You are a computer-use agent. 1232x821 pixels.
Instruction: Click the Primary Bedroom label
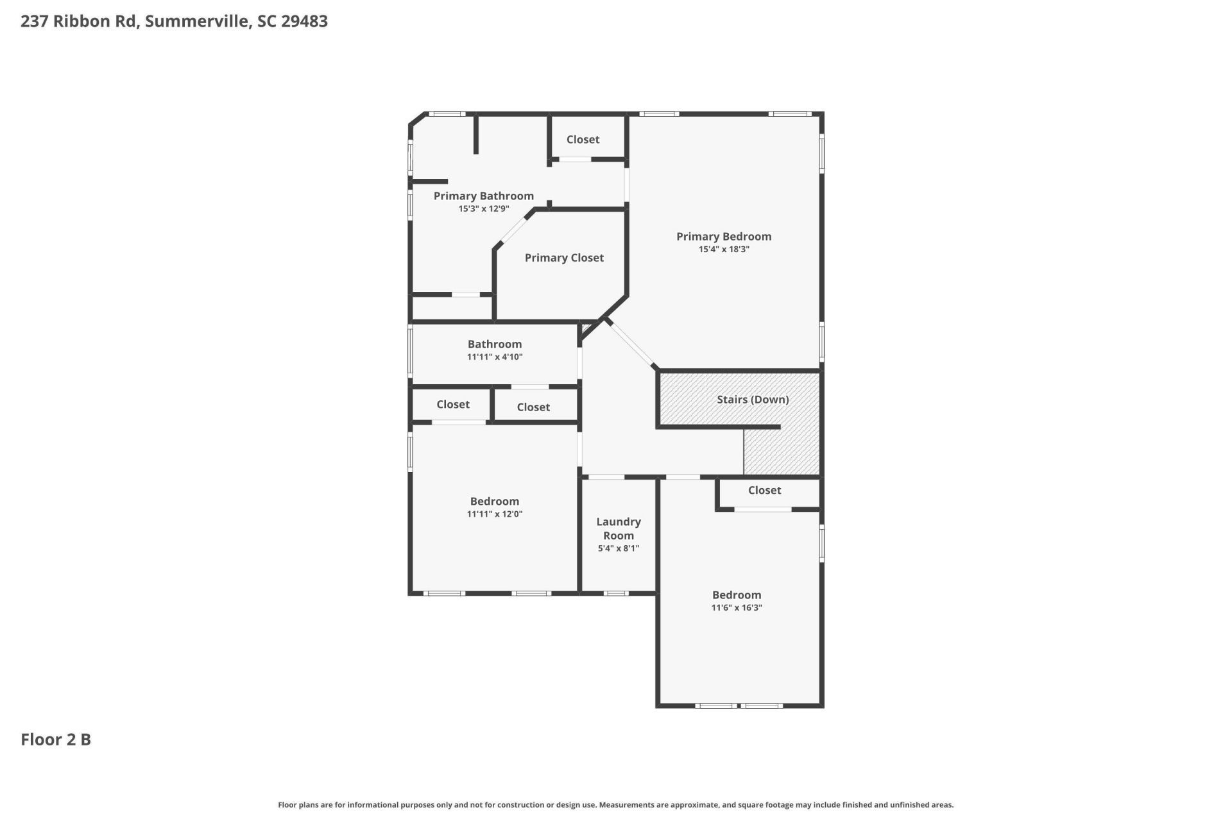click(723, 236)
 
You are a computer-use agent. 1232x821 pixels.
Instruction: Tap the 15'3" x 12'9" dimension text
click(483, 209)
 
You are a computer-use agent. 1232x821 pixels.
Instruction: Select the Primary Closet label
click(564, 258)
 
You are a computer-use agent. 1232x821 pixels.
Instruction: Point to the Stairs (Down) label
click(752, 399)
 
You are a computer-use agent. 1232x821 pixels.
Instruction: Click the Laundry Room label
click(618, 529)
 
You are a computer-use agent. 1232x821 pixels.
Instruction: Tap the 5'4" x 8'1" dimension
click(618, 548)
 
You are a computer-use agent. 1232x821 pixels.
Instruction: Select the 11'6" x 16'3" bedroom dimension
click(736, 608)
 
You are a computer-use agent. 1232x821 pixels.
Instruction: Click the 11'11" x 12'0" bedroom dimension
click(494, 514)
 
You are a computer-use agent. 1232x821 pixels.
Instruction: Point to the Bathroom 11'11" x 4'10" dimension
click(494, 357)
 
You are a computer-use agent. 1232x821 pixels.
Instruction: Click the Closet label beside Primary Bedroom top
click(583, 139)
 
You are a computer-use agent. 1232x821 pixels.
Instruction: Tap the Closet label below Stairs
click(764, 490)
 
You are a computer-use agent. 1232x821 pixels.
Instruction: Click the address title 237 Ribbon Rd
click(174, 21)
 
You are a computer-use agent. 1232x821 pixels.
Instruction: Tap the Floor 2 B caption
click(56, 740)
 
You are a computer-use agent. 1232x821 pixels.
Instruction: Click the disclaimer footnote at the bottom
click(615, 805)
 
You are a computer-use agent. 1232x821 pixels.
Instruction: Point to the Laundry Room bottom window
click(616, 593)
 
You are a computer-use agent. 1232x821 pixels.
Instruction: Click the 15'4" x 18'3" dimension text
click(723, 250)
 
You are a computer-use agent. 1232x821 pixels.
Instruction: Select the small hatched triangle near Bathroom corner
click(586, 330)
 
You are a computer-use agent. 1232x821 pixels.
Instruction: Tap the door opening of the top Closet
click(574, 159)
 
